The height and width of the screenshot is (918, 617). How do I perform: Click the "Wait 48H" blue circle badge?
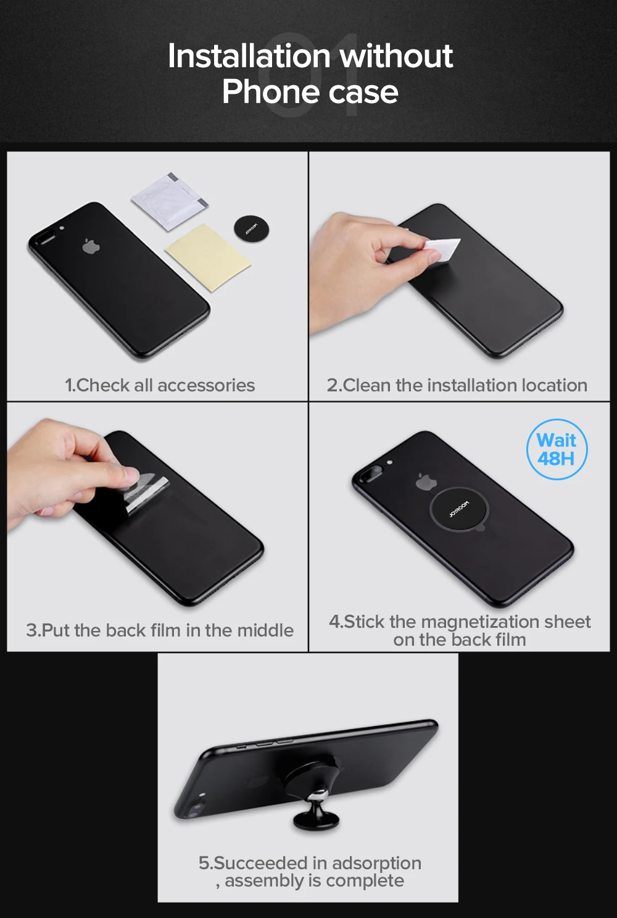click(x=557, y=449)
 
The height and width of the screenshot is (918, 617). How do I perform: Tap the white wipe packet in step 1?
click(x=170, y=201)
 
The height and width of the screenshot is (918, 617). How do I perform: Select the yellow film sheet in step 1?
click(x=208, y=257)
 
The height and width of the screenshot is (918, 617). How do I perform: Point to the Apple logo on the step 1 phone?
click(x=91, y=246)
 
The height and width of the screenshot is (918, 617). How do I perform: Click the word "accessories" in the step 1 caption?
click(x=206, y=386)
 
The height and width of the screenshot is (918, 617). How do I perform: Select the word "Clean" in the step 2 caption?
click(x=366, y=386)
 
